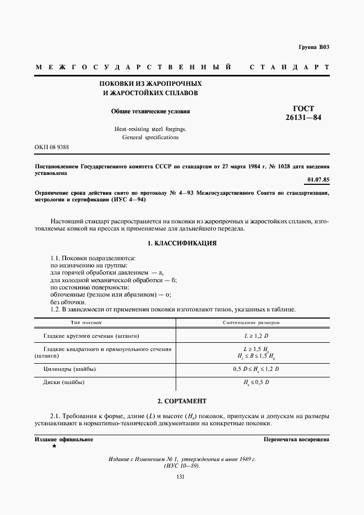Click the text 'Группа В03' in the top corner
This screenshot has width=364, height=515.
pyautogui.click(x=314, y=47)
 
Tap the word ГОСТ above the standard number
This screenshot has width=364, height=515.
pyautogui.click(x=303, y=108)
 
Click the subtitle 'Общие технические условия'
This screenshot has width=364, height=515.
pyautogui.click(x=150, y=111)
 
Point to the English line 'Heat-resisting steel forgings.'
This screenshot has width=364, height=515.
pyautogui.click(x=150, y=128)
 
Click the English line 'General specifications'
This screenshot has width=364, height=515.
pyautogui.click(x=150, y=137)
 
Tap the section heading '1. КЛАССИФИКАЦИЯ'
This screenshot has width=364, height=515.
pyautogui.click(x=182, y=243)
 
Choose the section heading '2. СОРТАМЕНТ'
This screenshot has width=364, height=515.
pyautogui.click(x=182, y=401)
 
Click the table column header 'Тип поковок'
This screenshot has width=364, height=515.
pyautogui.click(x=86, y=322)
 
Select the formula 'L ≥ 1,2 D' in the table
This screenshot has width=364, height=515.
pyautogui.click(x=256, y=335)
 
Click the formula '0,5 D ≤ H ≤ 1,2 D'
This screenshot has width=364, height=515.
pyautogui.click(x=256, y=368)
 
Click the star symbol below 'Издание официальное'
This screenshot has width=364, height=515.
pyautogui.click(x=54, y=446)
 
